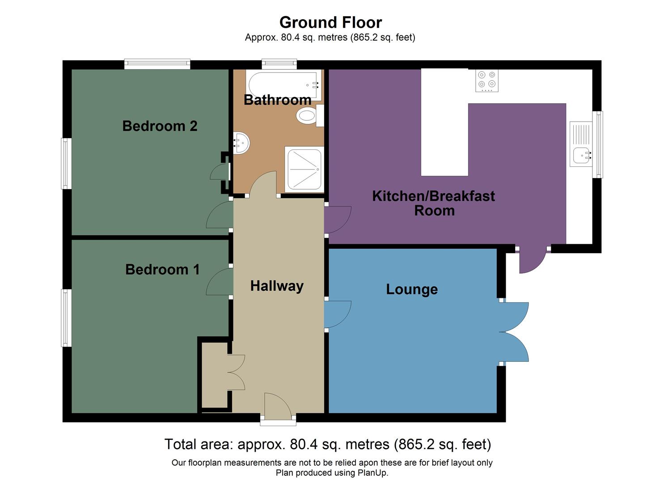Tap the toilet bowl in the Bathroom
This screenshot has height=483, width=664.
(x=306, y=116)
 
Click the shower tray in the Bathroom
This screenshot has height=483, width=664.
(x=304, y=169)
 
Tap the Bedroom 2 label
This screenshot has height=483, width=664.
(x=160, y=126)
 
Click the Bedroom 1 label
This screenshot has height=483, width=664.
(x=162, y=270)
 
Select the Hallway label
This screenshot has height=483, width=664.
(x=277, y=286)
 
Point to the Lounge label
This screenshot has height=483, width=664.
(x=412, y=289)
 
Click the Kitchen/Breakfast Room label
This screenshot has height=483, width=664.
(x=433, y=203)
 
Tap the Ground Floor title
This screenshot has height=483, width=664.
(x=330, y=22)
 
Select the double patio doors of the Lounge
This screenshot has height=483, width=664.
(x=514, y=332)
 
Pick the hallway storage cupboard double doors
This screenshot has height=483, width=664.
(x=237, y=372)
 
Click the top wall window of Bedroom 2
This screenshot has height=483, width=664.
(x=157, y=64)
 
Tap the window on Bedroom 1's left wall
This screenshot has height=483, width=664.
(x=66, y=318)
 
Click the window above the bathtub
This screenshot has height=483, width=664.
(x=279, y=64)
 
